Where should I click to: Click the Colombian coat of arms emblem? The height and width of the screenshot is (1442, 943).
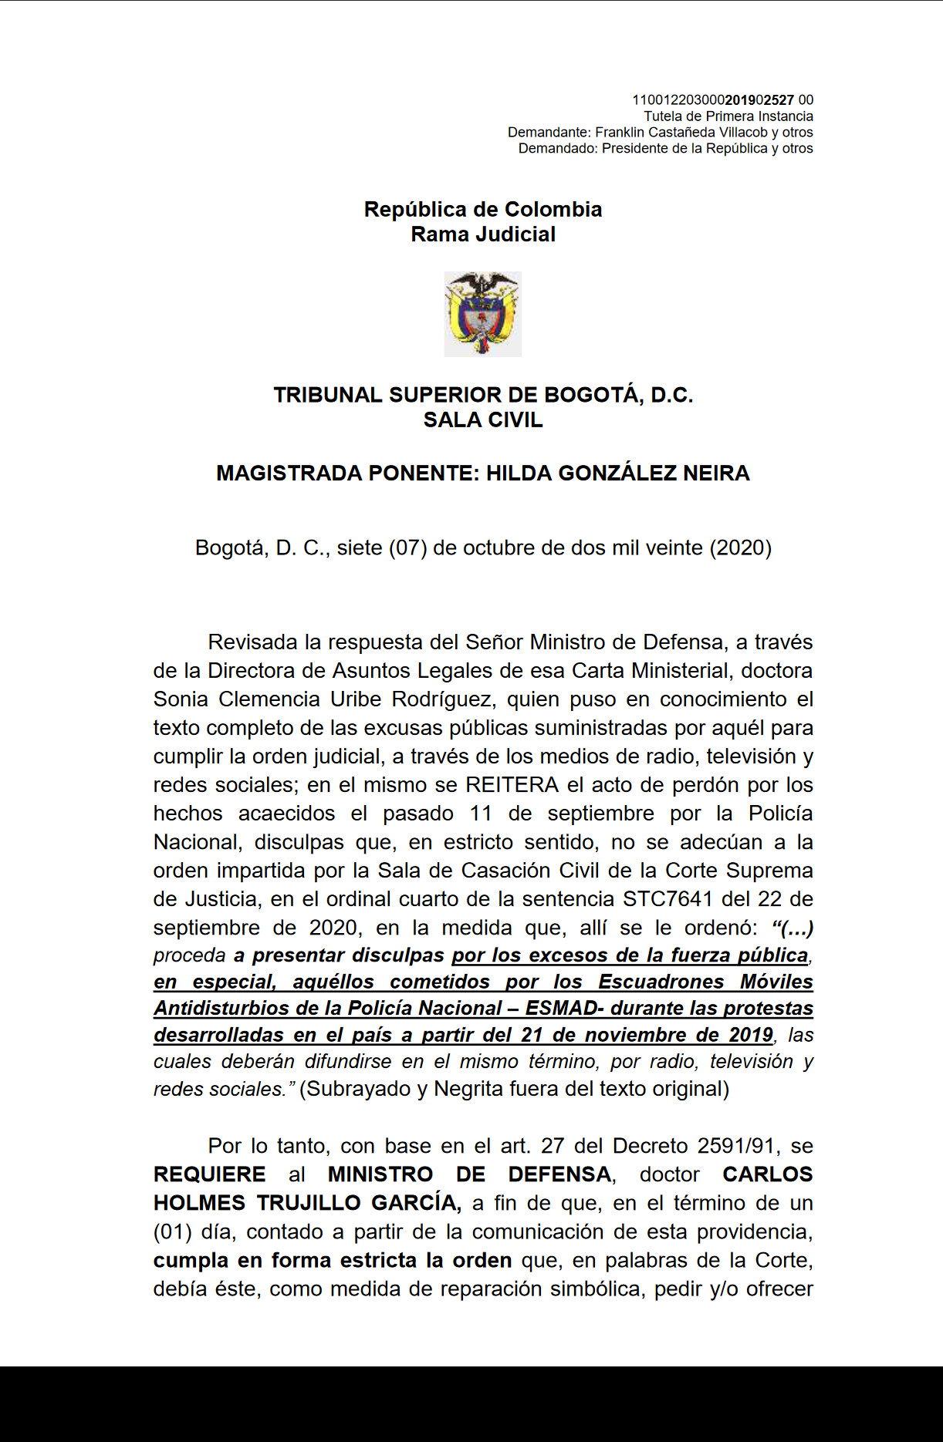click(x=482, y=314)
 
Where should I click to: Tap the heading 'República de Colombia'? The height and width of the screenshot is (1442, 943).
click(x=483, y=210)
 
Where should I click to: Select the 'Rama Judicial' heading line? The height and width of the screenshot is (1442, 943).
click(x=483, y=234)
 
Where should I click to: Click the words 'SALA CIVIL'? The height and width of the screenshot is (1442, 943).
click(x=483, y=420)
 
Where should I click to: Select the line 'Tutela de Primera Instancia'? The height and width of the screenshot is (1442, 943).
click(x=728, y=116)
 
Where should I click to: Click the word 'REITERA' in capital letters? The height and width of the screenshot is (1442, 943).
click(x=512, y=785)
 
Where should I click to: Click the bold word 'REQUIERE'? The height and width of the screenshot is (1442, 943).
click(x=209, y=1174)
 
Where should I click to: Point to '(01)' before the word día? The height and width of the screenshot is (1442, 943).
click(x=172, y=1231)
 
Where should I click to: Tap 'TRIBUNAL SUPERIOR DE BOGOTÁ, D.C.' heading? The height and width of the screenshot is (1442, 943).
click(x=483, y=396)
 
